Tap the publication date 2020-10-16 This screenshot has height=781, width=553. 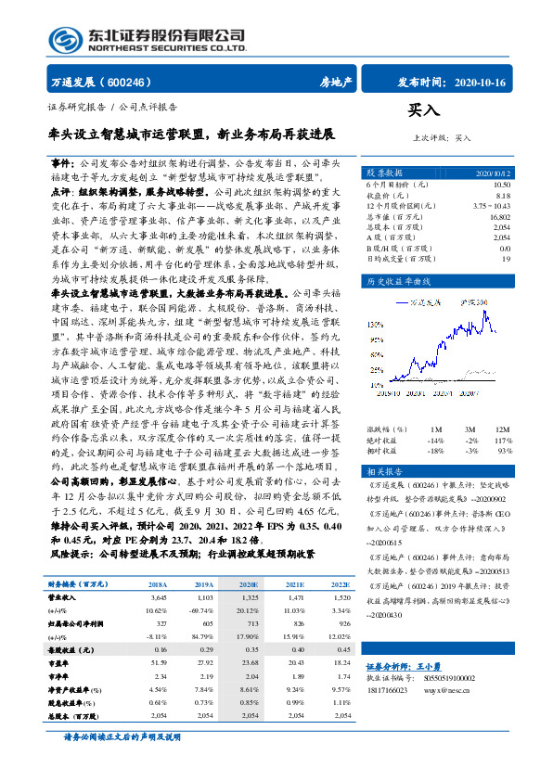480,82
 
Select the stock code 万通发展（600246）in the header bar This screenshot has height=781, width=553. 102,82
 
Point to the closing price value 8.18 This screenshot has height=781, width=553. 503,195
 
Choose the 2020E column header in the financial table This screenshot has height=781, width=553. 249,586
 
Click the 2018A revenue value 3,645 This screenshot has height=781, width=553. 158,600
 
